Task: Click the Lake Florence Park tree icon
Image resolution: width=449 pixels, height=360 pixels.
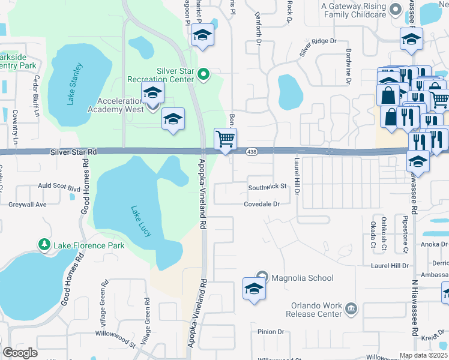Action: pyautogui.click(x=44, y=245)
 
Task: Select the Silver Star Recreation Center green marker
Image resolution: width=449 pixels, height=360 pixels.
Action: pyautogui.click(x=203, y=75)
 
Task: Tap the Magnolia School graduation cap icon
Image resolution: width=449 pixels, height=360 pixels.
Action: pyautogui.click(x=254, y=289)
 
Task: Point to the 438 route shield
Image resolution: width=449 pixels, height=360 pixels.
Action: pyautogui.click(x=252, y=152)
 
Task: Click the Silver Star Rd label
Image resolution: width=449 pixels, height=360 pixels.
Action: pyautogui.click(x=74, y=152)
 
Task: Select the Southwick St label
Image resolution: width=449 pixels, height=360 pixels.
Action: pyautogui.click(x=267, y=187)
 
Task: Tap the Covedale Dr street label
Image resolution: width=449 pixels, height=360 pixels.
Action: pyautogui.click(x=262, y=204)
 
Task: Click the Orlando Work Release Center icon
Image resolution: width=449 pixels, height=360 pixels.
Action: pyautogui.click(x=351, y=308)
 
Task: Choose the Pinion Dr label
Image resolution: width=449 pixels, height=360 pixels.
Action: pyautogui.click(x=270, y=332)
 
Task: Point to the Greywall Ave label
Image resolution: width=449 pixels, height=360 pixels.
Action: pyautogui.click(x=27, y=204)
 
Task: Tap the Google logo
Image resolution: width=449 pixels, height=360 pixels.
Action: pyautogui.click(x=20, y=353)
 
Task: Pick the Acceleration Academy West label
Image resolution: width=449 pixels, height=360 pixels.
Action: pyautogui.click(x=115, y=104)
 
